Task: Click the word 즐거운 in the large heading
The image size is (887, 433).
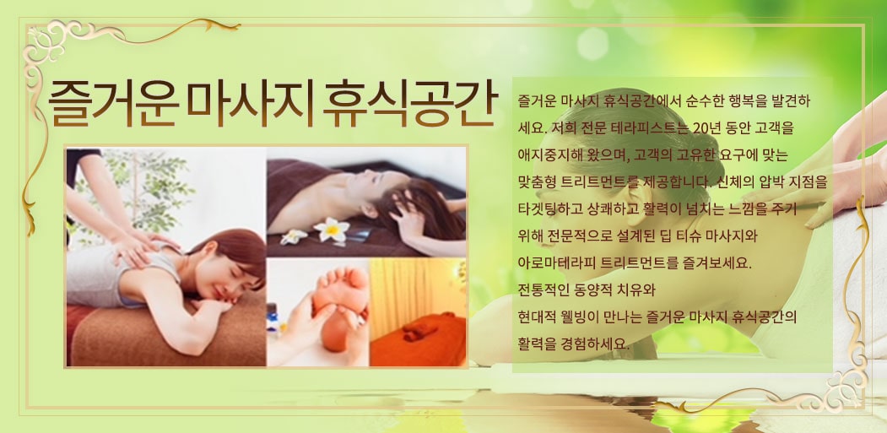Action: point(113,102)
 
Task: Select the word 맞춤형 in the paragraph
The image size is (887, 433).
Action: point(536,182)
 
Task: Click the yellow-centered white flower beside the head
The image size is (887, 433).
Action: point(332,230)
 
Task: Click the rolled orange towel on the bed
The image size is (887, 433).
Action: point(421,327)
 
